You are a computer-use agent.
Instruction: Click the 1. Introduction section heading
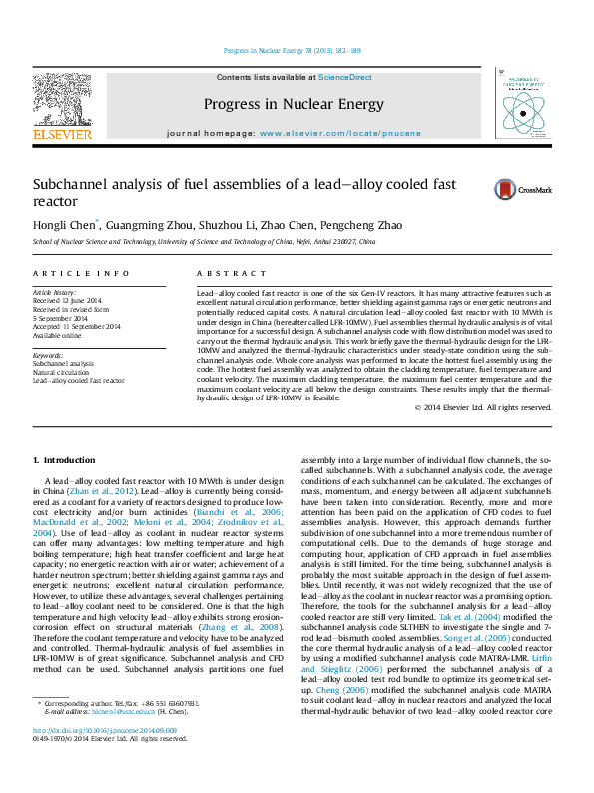click(x=63, y=460)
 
